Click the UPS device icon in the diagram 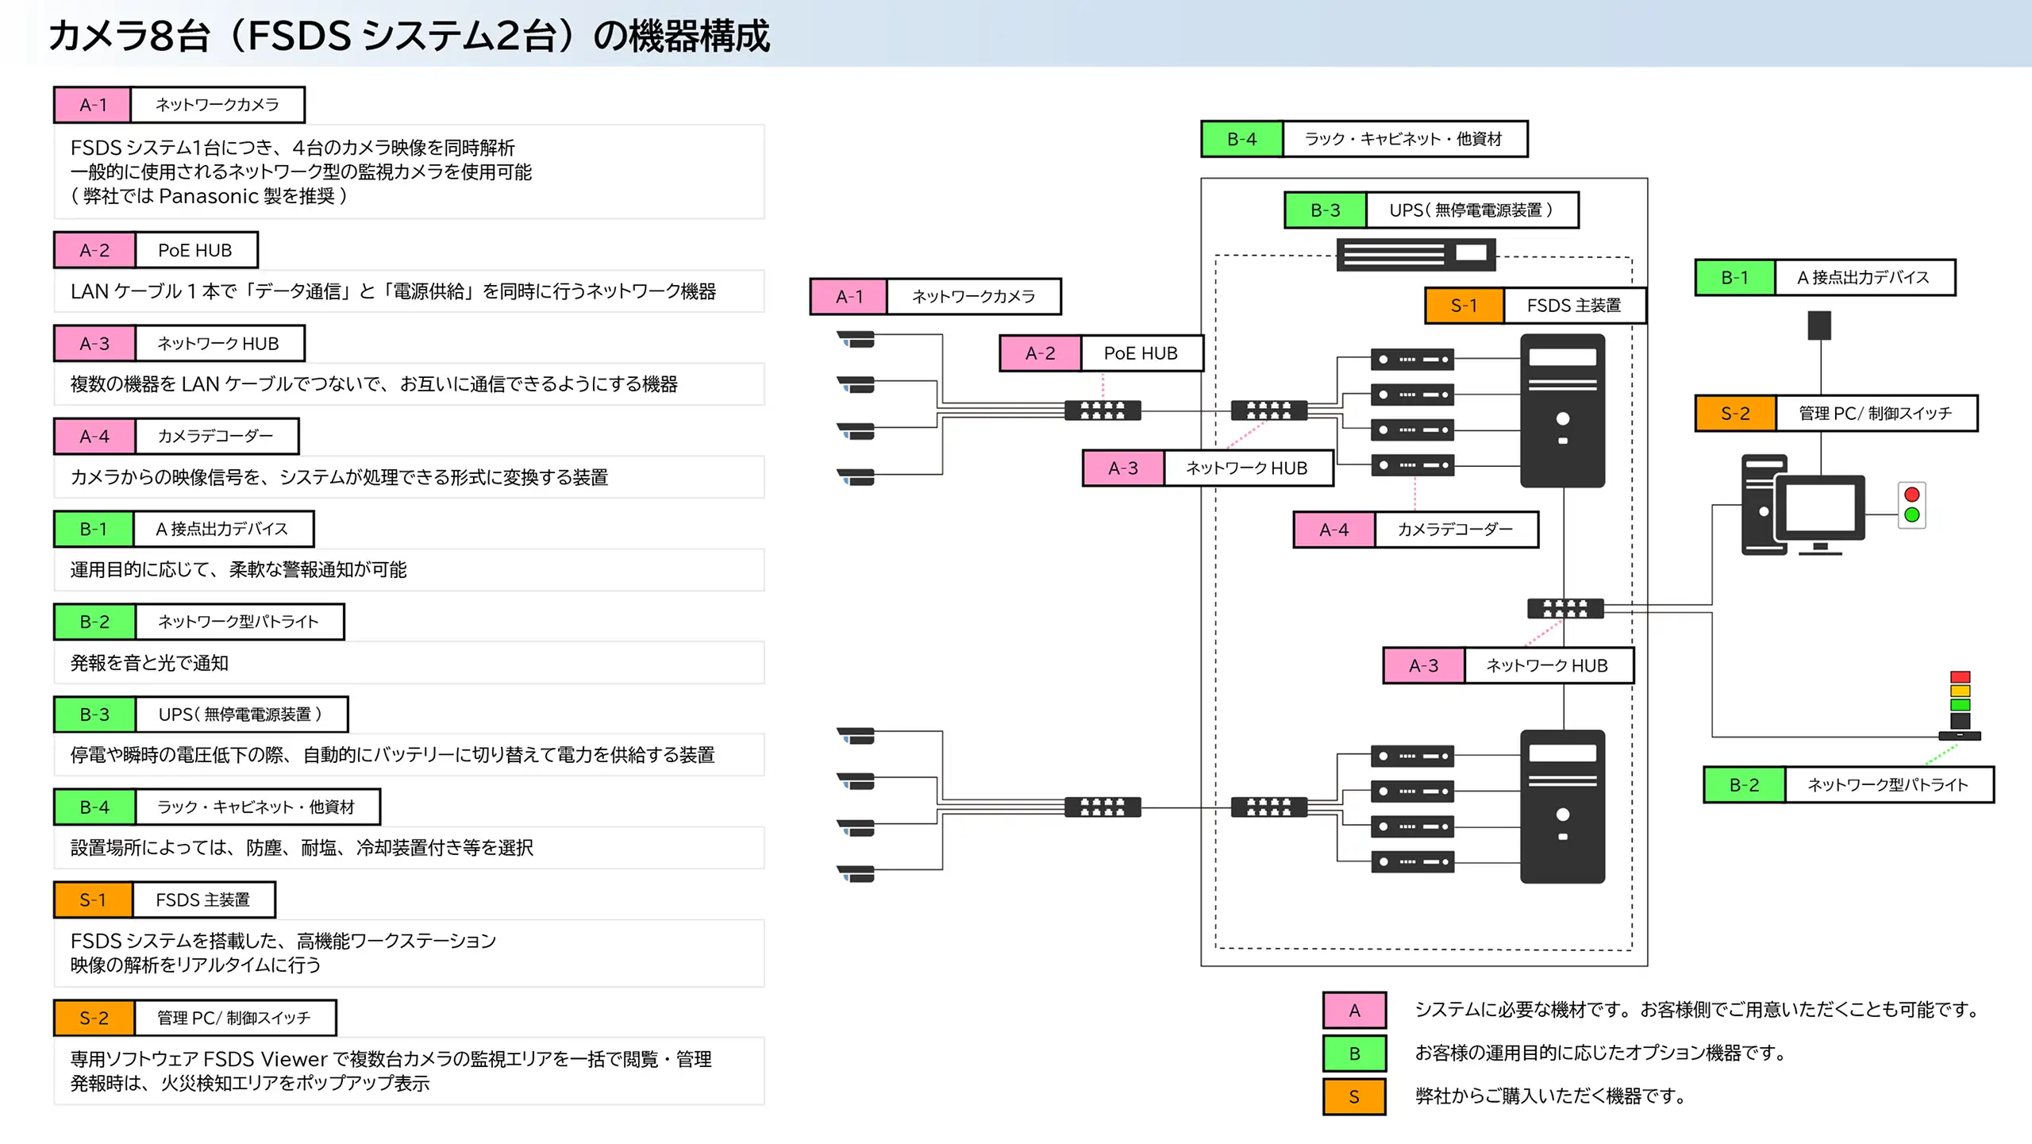tap(1415, 255)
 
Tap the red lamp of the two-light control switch tap(1911, 495)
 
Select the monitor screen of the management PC tap(1820, 507)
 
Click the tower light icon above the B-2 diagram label tap(1960, 706)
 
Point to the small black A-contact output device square tap(1819, 325)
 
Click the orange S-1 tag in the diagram tap(1464, 306)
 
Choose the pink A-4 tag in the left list tap(94, 436)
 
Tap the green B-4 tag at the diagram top tap(1241, 139)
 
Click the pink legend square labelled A tap(1354, 1010)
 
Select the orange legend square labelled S tap(1354, 1096)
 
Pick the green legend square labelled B tap(1354, 1053)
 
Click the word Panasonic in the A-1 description tap(209, 196)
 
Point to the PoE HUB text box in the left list tap(195, 250)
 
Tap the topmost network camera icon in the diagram tap(856, 339)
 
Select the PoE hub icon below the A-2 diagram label tap(1103, 410)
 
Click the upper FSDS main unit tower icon tap(1562, 410)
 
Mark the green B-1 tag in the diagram tap(1734, 278)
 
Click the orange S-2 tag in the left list tap(94, 1018)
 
